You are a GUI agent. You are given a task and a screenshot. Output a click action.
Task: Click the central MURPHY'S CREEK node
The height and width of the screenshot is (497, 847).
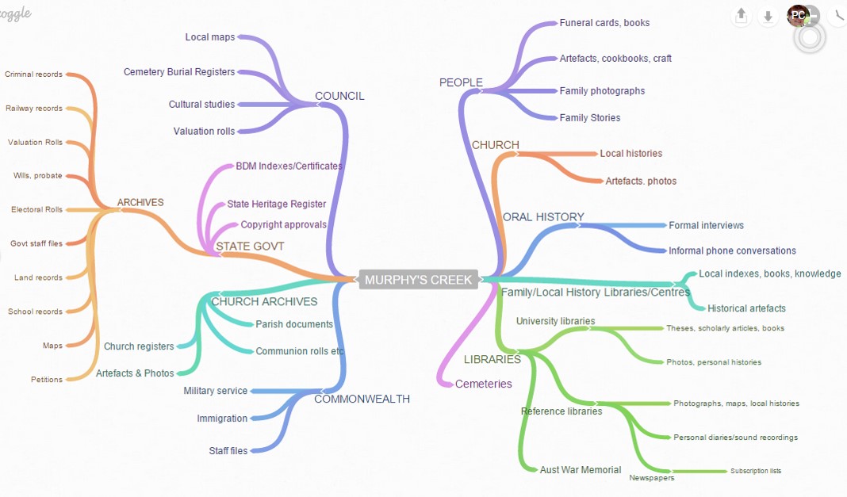pyautogui.click(x=418, y=279)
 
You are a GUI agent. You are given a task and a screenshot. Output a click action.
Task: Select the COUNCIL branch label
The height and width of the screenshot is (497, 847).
pyautogui.click(x=339, y=96)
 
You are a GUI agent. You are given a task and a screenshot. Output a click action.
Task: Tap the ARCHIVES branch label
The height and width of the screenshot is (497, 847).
pyautogui.click(x=140, y=202)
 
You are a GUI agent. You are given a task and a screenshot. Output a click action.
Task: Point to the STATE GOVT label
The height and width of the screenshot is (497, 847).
pyautogui.click(x=250, y=247)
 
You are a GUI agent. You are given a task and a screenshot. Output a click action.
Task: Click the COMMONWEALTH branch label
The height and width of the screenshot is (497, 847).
pyautogui.click(x=362, y=399)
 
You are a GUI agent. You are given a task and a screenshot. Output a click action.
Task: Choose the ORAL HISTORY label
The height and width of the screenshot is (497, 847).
pyautogui.click(x=543, y=217)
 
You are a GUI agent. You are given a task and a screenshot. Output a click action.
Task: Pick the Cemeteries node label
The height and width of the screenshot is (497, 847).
pyautogui.click(x=483, y=384)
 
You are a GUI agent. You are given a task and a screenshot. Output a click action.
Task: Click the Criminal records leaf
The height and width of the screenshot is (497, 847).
pyautogui.click(x=33, y=75)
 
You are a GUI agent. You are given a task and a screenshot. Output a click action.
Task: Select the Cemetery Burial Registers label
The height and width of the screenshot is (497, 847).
pyautogui.click(x=179, y=72)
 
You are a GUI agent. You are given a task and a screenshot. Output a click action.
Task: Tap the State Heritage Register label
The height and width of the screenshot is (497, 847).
pyautogui.click(x=276, y=205)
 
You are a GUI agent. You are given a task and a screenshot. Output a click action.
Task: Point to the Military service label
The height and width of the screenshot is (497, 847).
pyautogui.click(x=216, y=391)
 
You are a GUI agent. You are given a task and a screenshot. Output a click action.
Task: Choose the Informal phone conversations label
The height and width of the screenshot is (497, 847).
pyautogui.click(x=732, y=250)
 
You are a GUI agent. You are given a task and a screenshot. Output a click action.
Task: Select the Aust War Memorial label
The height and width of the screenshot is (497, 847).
pyautogui.click(x=581, y=470)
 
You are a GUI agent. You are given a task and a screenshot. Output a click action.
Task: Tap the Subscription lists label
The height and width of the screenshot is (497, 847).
pyautogui.click(x=756, y=471)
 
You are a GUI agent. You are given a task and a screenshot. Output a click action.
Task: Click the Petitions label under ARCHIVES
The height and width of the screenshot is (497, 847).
pyautogui.click(x=47, y=380)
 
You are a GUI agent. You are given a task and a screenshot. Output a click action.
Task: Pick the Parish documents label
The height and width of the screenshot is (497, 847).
pyautogui.click(x=294, y=324)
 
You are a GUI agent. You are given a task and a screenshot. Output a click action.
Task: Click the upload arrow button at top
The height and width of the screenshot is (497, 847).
pyautogui.click(x=742, y=15)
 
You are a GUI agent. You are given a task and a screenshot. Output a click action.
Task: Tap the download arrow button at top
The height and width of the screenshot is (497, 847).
pyautogui.click(x=768, y=15)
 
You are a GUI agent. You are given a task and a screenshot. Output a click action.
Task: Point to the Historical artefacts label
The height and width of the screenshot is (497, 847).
pyautogui.click(x=746, y=308)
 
